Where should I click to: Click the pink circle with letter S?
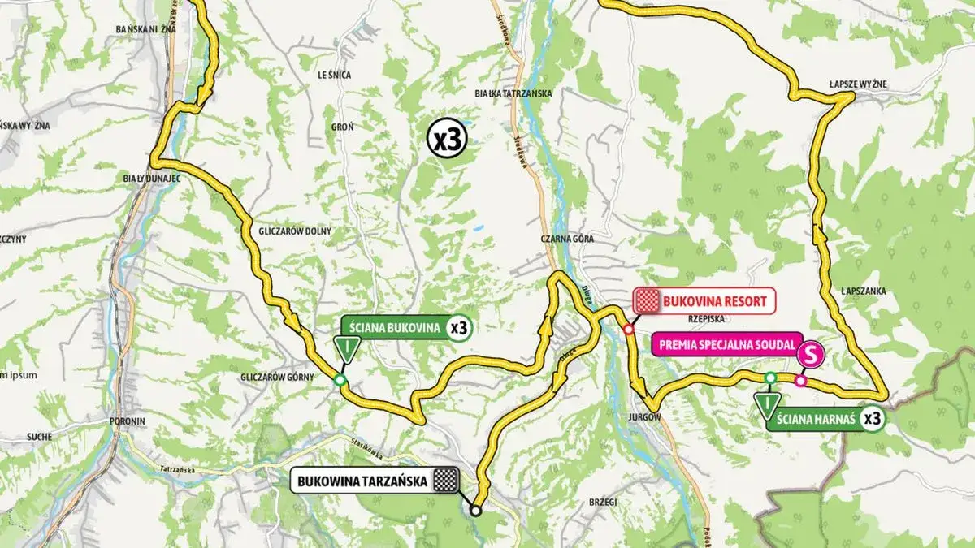[810, 354]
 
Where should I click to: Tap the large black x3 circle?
[447, 140]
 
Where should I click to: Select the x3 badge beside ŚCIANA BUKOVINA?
[460, 328]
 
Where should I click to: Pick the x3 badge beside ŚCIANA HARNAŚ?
[873, 419]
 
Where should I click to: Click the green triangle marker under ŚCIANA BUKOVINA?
[347, 350]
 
